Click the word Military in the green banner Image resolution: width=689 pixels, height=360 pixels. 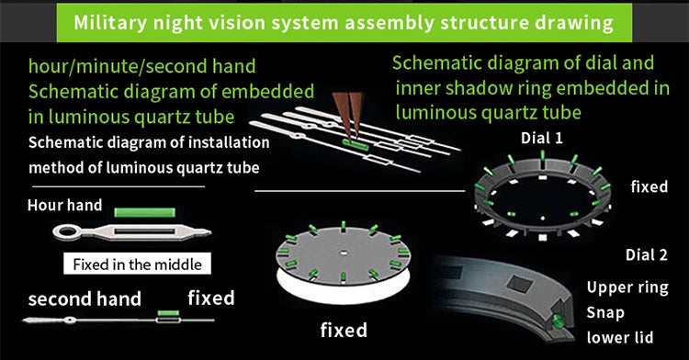pyautogui.click(x=110, y=22)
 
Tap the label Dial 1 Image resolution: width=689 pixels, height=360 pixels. pyautogui.click(x=541, y=139)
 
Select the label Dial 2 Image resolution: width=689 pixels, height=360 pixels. pyautogui.click(x=647, y=254)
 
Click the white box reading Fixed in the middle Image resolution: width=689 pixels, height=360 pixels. pyautogui.click(x=137, y=264)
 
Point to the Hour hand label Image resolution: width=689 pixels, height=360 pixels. pyautogui.click(x=65, y=205)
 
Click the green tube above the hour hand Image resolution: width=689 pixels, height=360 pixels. pyautogui.click(x=144, y=212)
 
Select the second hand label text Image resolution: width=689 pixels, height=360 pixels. pyautogui.click(x=85, y=299)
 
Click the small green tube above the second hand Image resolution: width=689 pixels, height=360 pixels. pyautogui.click(x=168, y=313)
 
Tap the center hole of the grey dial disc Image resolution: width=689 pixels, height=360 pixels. pyautogui.click(x=344, y=253)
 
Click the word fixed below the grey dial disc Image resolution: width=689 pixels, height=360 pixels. pyautogui.click(x=344, y=330)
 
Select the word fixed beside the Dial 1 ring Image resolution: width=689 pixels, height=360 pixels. pyautogui.click(x=649, y=186)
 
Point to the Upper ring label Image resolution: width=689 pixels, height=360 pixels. pyautogui.click(x=627, y=287)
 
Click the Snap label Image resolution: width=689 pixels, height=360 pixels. pyautogui.click(x=605, y=312)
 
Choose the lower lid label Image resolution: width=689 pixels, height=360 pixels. pyautogui.click(x=619, y=337)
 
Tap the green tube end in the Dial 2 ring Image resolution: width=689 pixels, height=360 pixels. pyautogui.click(x=558, y=321)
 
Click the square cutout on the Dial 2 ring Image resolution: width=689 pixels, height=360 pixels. pyautogui.click(x=520, y=283)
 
